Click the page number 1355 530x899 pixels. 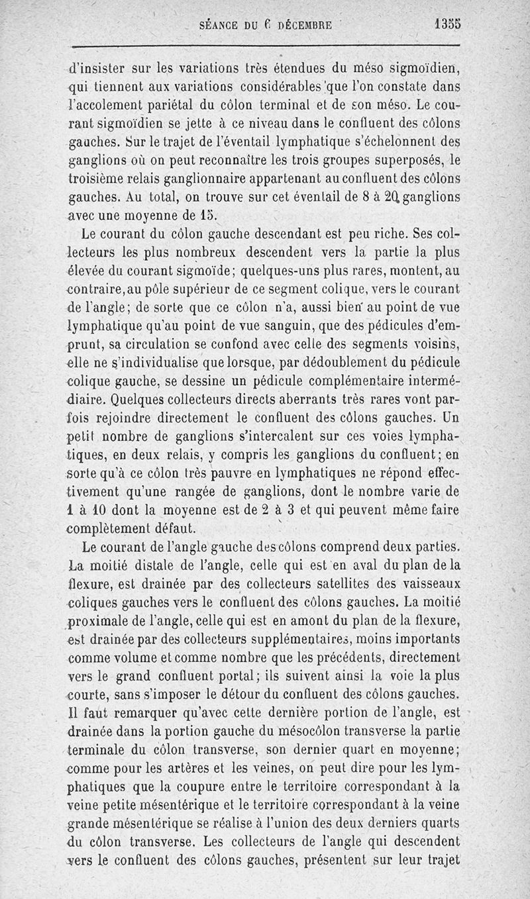[x=447, y=24]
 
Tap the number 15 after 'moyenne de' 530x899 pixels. [x=207, y=215]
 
